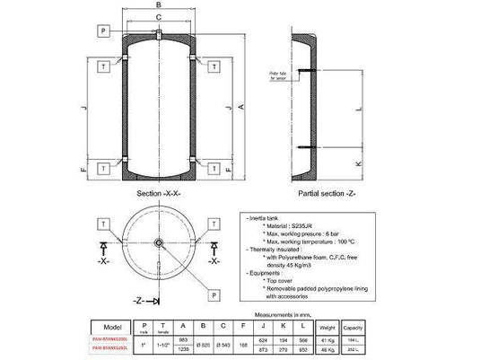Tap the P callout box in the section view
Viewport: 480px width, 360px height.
pos(104,31)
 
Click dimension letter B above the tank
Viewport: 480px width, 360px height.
pos(158,5)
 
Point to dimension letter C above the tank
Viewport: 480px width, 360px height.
pos(158,18)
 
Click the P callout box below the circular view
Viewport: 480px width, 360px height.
pos(214,294)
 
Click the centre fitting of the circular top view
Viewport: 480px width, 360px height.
pos(158,242)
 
